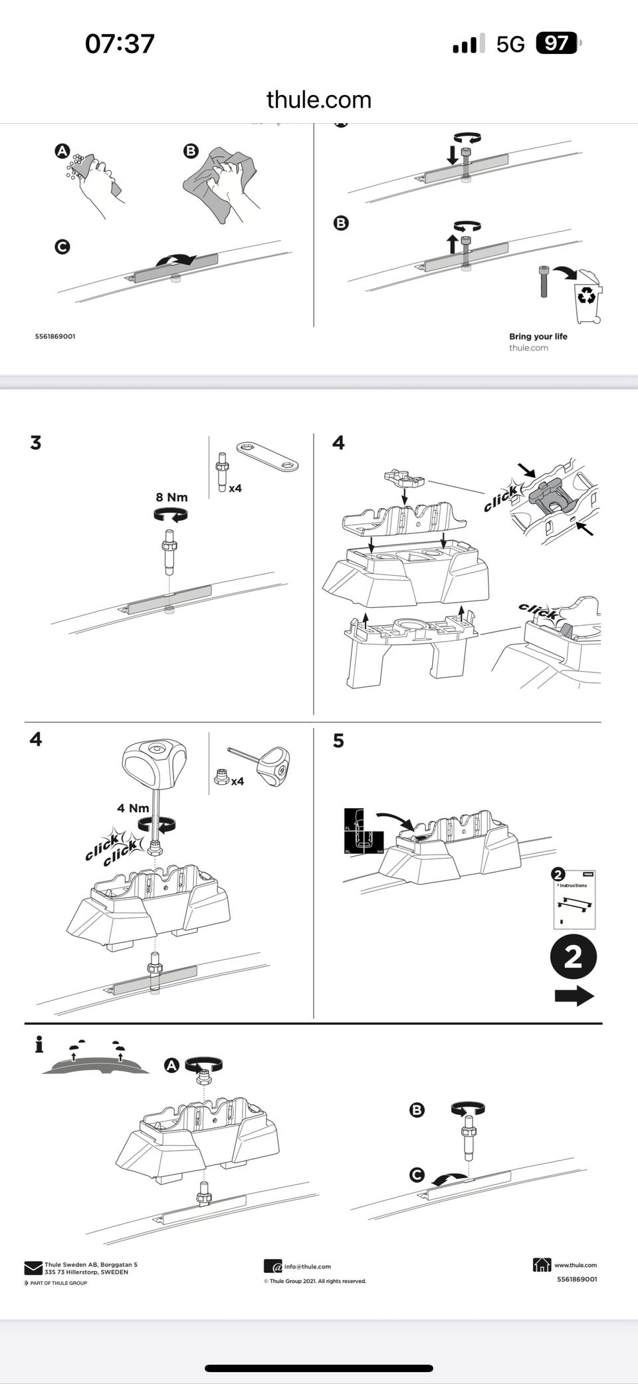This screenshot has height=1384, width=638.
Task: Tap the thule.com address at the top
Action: coord(318,100)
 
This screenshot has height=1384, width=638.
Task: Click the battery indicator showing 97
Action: coord(556,44)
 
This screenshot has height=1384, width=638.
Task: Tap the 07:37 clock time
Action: coord(120,44)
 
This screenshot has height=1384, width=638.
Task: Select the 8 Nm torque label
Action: coord(171,497)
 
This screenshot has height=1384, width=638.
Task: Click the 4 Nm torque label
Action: coord(133,808)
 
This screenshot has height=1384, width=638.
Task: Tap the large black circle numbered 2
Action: coord(573,956)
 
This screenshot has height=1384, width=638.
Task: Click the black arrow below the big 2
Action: coord(574,996)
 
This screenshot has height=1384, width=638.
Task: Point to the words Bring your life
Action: coord(538,337)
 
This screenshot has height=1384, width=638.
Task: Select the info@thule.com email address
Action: coord(307,1266)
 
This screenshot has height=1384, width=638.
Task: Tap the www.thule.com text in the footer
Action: coord(575,1265)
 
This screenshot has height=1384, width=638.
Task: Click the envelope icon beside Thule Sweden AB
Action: coord(33,1268)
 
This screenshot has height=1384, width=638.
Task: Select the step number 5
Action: coord(338,741)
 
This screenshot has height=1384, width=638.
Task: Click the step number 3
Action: coord(36,443)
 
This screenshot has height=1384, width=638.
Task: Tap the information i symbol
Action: coord(39,1044)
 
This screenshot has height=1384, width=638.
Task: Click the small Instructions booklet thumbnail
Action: coord(574,899)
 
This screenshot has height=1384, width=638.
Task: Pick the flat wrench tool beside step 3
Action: coord(267,456)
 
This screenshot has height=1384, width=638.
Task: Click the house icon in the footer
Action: coord(542,1264)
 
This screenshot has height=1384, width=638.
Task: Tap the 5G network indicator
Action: coord(510,44)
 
